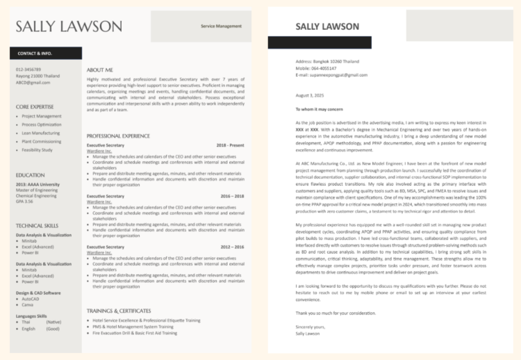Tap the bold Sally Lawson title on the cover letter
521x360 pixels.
[x=327, y=26]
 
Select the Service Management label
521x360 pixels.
[x=221, y=26]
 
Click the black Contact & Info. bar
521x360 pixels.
[x=45, y=53]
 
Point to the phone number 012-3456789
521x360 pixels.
[x=28, y=69]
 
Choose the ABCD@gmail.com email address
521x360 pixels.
[x=33, y=82]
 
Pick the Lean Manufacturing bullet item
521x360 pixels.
[x=41, y=133]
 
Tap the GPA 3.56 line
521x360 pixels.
[x=25, y=202]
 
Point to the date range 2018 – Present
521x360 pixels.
[x=230, y=145]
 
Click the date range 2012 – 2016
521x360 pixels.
[x=233, y=247]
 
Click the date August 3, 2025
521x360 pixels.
[x=310, y=95]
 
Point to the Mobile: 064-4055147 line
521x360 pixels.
[x=315, y=68]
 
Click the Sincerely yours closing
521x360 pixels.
[x=310, y=327]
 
